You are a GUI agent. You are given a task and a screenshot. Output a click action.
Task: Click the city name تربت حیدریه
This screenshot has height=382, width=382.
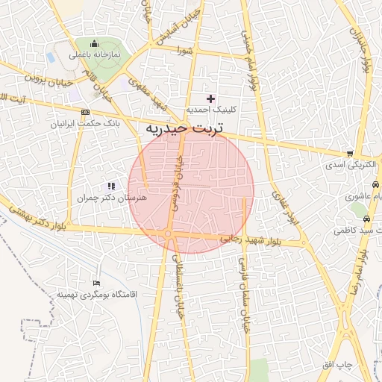click(x=184, y=129)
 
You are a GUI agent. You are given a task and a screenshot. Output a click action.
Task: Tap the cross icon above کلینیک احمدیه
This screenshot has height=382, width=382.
click(x=210, y=98)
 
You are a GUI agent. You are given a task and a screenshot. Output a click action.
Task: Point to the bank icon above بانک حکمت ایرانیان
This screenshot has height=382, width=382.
click(x=74, y=112)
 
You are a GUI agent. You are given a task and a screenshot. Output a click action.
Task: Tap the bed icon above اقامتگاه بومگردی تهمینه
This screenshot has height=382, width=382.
click(x=95, y=284)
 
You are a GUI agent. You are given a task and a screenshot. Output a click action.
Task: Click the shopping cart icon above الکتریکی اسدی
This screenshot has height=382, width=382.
click(x=348, y=151)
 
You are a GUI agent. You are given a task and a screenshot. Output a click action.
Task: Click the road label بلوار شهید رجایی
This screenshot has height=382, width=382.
click(x=250, y=239)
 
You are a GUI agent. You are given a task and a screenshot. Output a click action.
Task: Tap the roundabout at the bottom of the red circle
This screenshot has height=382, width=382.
click(x=169, y=234)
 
